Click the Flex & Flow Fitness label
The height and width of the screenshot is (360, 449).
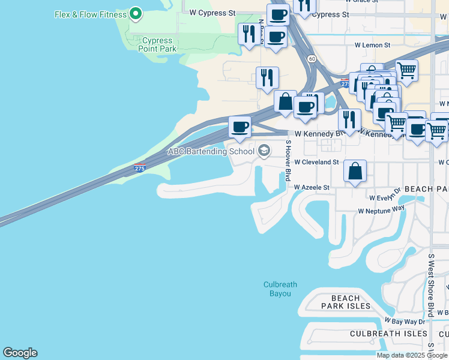(90, 14)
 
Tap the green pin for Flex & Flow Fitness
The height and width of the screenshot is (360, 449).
(136, 13)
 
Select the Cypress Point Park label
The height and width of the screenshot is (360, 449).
(158, 44)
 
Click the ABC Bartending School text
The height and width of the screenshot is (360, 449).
(211, 151)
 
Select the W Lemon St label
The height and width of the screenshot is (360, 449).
(372, 45)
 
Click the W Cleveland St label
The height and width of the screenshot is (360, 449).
(316, 162)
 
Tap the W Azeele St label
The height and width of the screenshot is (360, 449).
(312, 187)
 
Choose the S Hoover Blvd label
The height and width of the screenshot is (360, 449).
(288, 161)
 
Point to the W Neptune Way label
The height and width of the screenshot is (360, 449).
(381, 211)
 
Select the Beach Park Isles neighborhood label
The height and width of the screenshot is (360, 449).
(346, 302)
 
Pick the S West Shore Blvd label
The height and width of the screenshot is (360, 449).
(431, 285)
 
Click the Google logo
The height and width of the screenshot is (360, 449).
(20, 353)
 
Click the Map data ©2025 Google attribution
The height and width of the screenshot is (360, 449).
(412, 355)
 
